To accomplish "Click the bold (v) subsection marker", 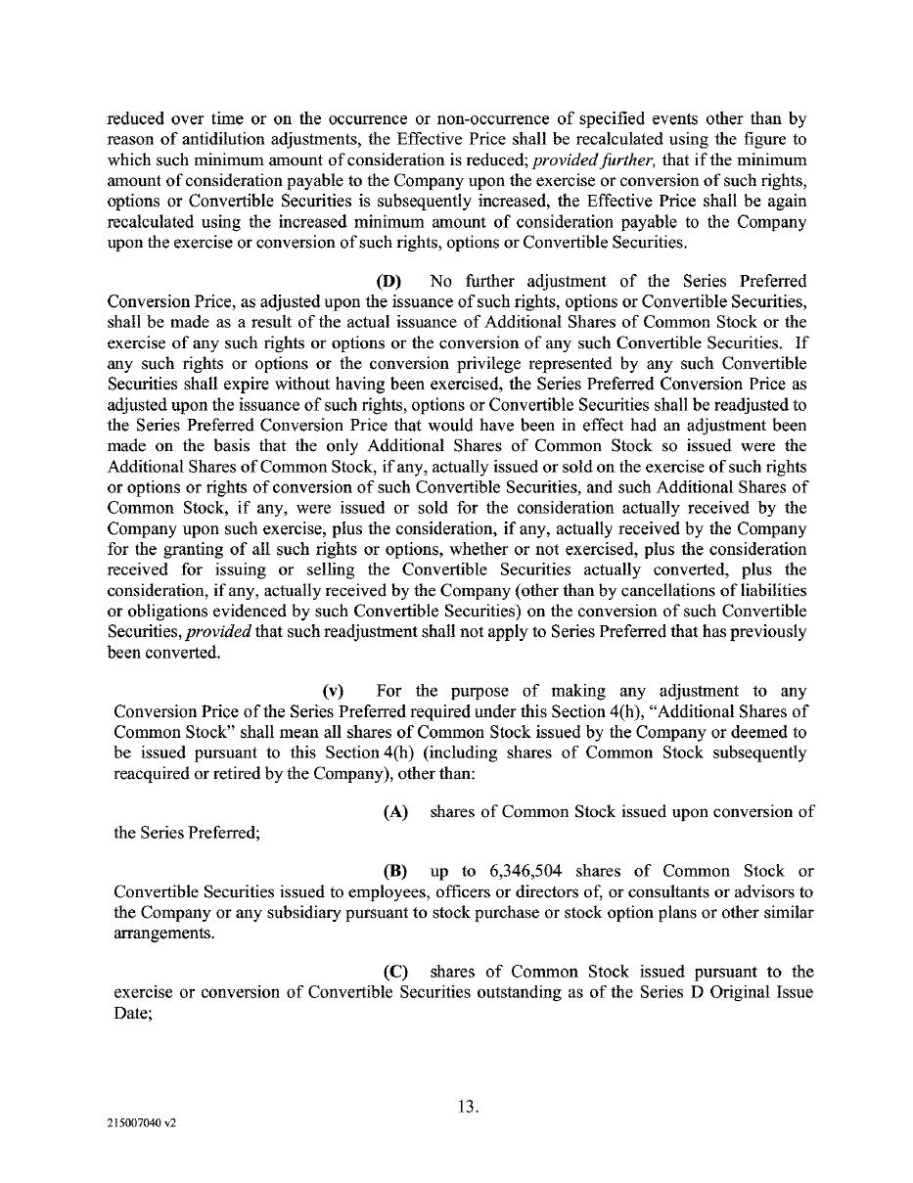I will tap(334, 691).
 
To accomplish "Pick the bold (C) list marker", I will tap(395, 972).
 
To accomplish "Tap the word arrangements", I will tap(153, 933).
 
